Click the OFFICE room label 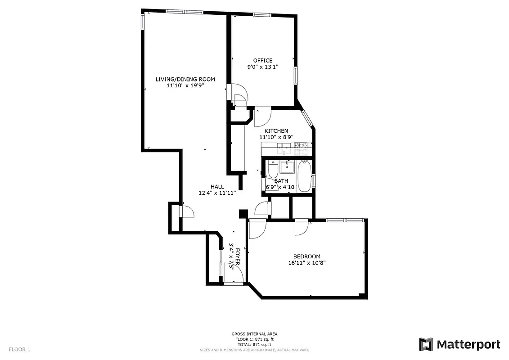point(262,61)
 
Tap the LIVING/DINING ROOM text point(185,79)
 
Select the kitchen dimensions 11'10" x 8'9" point(276,137)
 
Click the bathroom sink point(287,167)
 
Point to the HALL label point(217,187)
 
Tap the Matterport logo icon point(426,345)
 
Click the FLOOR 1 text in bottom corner point(19,349)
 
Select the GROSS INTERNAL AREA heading point(254,334)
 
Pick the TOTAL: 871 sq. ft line point(254,344)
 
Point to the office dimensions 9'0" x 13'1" point(262,67)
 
